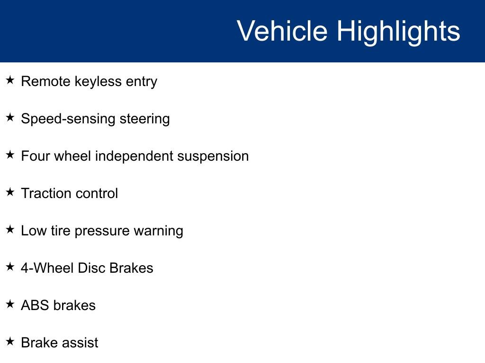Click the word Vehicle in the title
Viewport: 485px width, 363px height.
point(282,31)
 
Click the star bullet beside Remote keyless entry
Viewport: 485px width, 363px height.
point(10,80)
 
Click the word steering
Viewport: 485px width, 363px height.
point(145,119)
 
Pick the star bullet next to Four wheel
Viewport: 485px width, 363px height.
point(10,155)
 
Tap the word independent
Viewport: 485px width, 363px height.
point(134,156)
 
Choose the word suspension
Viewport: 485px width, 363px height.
point(213,156)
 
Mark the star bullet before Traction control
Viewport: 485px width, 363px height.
point(10,192)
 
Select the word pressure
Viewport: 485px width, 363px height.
point(102,231)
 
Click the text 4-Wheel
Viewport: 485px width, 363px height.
point(47,268)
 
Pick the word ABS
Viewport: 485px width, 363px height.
point(35,305)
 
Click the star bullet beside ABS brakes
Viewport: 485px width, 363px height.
point(10,304)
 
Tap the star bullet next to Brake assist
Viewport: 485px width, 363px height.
point(10,341)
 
